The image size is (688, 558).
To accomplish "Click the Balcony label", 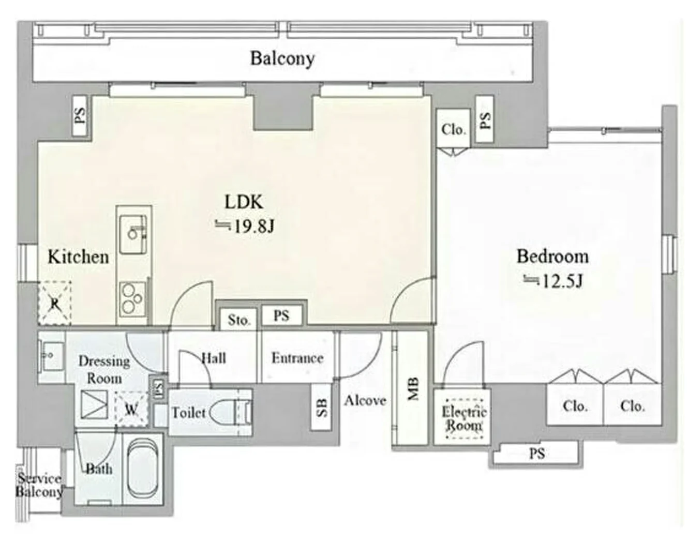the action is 282,59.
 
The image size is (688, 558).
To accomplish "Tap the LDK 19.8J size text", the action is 245,226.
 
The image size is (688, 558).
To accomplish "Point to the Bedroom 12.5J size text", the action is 553,281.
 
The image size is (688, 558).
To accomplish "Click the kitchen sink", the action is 133,234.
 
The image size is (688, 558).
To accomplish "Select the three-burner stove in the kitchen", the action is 132,299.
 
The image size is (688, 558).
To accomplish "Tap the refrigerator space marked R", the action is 55,303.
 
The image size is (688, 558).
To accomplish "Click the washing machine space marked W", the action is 131,410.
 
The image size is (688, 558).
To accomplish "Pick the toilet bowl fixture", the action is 230,412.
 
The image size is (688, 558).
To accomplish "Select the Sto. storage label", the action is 238,320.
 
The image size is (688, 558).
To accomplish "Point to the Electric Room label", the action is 464,418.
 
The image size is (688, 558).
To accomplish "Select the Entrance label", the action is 297,358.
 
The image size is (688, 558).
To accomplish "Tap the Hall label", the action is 214,358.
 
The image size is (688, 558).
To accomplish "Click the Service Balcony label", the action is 39,486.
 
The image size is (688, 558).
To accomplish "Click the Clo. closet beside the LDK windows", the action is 453,129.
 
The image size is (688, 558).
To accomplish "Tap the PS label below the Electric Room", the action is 537,454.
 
